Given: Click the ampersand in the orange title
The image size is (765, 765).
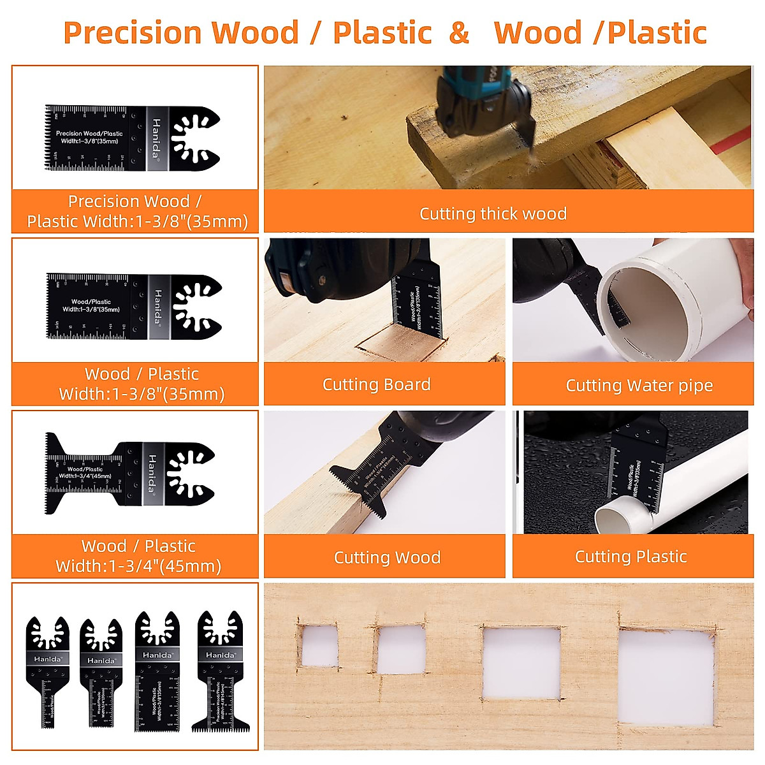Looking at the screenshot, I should [x=459, y=33].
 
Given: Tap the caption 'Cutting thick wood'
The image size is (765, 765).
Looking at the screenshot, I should [x=493, y=214].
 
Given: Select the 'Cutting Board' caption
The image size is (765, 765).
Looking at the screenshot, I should [x=376, y=384].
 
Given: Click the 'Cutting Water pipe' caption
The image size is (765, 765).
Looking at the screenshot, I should [x=639, y=386].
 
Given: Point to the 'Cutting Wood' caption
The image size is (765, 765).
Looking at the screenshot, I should [x=387, y=558].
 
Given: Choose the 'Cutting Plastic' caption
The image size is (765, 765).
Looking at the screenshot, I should [x=630, y=557].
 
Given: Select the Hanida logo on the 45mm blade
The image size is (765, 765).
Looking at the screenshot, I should [x=152, y=473].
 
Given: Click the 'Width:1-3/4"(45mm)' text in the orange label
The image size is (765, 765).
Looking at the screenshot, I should [x=138, y=566].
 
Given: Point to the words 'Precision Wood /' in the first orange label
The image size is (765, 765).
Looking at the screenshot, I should [x=135, y=201].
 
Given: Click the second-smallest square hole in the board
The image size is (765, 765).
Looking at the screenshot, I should [x=401, y=649].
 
